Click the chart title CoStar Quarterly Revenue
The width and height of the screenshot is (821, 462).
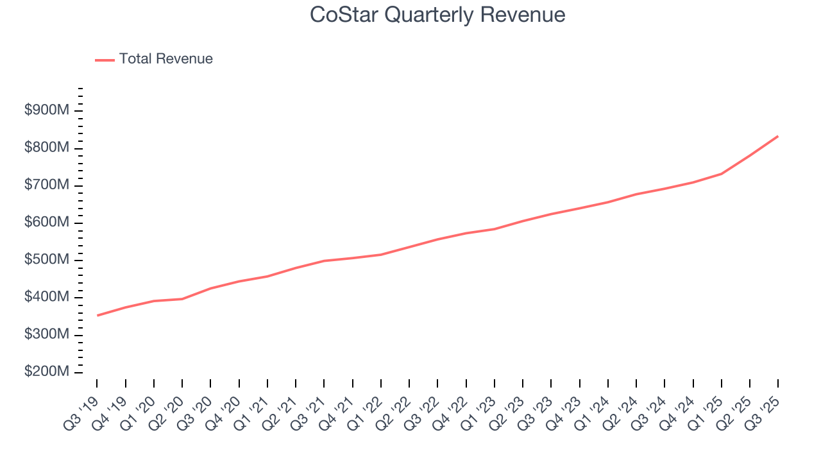[x=437, y=15]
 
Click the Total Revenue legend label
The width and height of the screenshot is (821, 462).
[x=165, y=59]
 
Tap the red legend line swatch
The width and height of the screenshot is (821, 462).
[x=105, y=60]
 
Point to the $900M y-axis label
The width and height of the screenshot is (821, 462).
[x=47, y=110]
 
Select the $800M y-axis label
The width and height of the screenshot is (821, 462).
[x=47, y=148]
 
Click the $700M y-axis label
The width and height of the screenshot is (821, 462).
[x=47, y=185]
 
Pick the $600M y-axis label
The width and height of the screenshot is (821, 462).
[x=47, y=222]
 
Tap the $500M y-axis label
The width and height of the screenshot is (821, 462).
[x=47, y=260]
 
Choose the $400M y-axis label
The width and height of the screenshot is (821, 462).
[x=47, y=297]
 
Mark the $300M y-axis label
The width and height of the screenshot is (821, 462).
[x=47, y=334]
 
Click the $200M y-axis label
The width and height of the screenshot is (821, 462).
[x=47, y=372]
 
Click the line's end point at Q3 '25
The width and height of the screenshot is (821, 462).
[x=778, y=136]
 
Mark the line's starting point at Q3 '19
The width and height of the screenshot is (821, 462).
[x=97, y=316]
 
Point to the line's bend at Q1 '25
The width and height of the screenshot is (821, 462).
[x=722, y=174]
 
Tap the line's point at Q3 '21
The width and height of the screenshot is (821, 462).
[x=324, y=261]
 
